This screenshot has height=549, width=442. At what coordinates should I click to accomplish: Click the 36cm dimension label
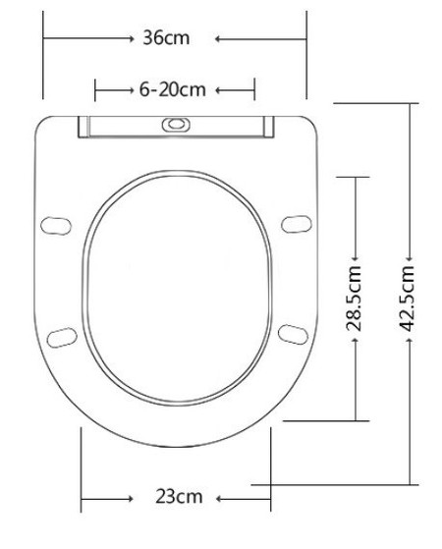coord(166,38)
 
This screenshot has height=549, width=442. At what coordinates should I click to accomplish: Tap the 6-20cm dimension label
coord(173,89)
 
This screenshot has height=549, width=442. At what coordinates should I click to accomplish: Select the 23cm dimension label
coord(179,496)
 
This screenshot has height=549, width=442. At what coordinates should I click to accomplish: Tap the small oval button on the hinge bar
coord(176,125)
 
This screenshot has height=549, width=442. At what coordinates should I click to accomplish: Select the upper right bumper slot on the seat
coord(293,224)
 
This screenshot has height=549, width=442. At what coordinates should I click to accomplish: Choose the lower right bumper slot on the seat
coord(291,333)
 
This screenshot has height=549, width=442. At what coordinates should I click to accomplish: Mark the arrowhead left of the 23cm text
coord(128,496)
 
